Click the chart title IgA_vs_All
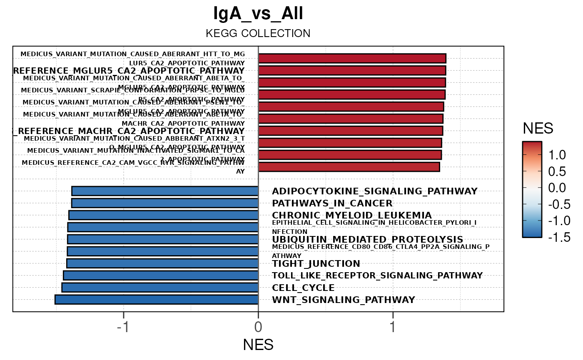tap(258, 14)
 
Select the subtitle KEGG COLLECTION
tap(258, 33)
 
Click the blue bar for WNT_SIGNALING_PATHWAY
tap(157, 300)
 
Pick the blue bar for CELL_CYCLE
tap(160, 288)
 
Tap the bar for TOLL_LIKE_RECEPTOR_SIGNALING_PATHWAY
tap(161, 276)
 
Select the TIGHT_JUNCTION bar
tap(162, 263)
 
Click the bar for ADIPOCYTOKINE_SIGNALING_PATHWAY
tap(165, 191)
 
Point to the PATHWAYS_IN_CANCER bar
tap(165, 203)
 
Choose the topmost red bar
tap(352, 58)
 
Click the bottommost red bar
tap(349, 167)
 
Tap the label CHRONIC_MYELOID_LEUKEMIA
tap(352, 215)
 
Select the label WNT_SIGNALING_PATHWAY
tap(344, 300)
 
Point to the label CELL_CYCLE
tap(303, 288)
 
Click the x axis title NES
tap(258, 345)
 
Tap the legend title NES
tap(538, 129)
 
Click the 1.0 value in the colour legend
tap(558, 155)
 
